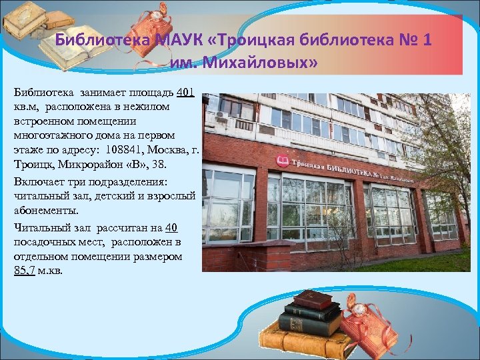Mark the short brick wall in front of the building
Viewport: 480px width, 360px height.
[247, 257]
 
